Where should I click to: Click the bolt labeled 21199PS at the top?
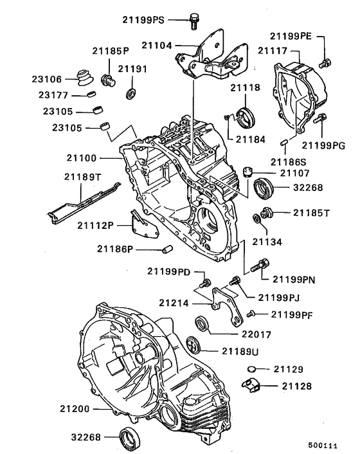[x=193, y=21]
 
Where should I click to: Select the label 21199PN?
[x=293, y=280]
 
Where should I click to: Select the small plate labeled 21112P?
[x=138, y=227]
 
